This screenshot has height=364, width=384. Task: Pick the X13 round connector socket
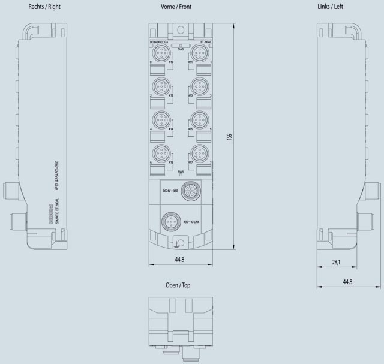(x=199, y=86)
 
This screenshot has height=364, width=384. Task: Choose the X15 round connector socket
(x=199, y=119)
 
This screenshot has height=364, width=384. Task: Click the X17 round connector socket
(x=199, y=152)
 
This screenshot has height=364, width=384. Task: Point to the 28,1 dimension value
(x=336, y=262)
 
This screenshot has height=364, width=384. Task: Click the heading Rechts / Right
(x=44, y=7)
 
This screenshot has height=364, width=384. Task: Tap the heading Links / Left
(x=347, y=7)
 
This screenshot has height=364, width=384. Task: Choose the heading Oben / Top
(x=178, y=285)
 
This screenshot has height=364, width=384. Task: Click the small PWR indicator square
(x=180, y=176)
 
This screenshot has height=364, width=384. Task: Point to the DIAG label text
(x=179, y=49)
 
